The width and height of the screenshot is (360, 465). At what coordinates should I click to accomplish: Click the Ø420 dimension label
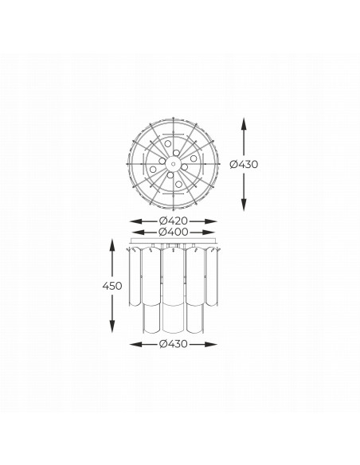(173, 221)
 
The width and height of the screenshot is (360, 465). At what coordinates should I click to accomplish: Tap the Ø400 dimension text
(173, 232)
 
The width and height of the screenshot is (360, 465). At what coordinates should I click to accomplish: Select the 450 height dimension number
(112, 286)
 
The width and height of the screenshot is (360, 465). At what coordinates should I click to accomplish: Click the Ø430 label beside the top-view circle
(244, 164)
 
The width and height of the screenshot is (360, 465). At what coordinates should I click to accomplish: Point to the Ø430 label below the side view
(173, 344)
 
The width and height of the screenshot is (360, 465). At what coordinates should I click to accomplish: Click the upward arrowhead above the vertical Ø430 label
(244, 123)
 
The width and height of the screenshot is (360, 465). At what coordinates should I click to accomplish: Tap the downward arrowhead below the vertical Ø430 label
(244, 205)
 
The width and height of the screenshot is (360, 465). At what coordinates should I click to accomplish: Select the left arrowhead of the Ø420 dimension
(136, 221)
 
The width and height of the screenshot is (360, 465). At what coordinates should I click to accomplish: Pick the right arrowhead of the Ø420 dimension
(211, 221)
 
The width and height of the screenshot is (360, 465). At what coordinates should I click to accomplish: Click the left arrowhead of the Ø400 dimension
(138, 232)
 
